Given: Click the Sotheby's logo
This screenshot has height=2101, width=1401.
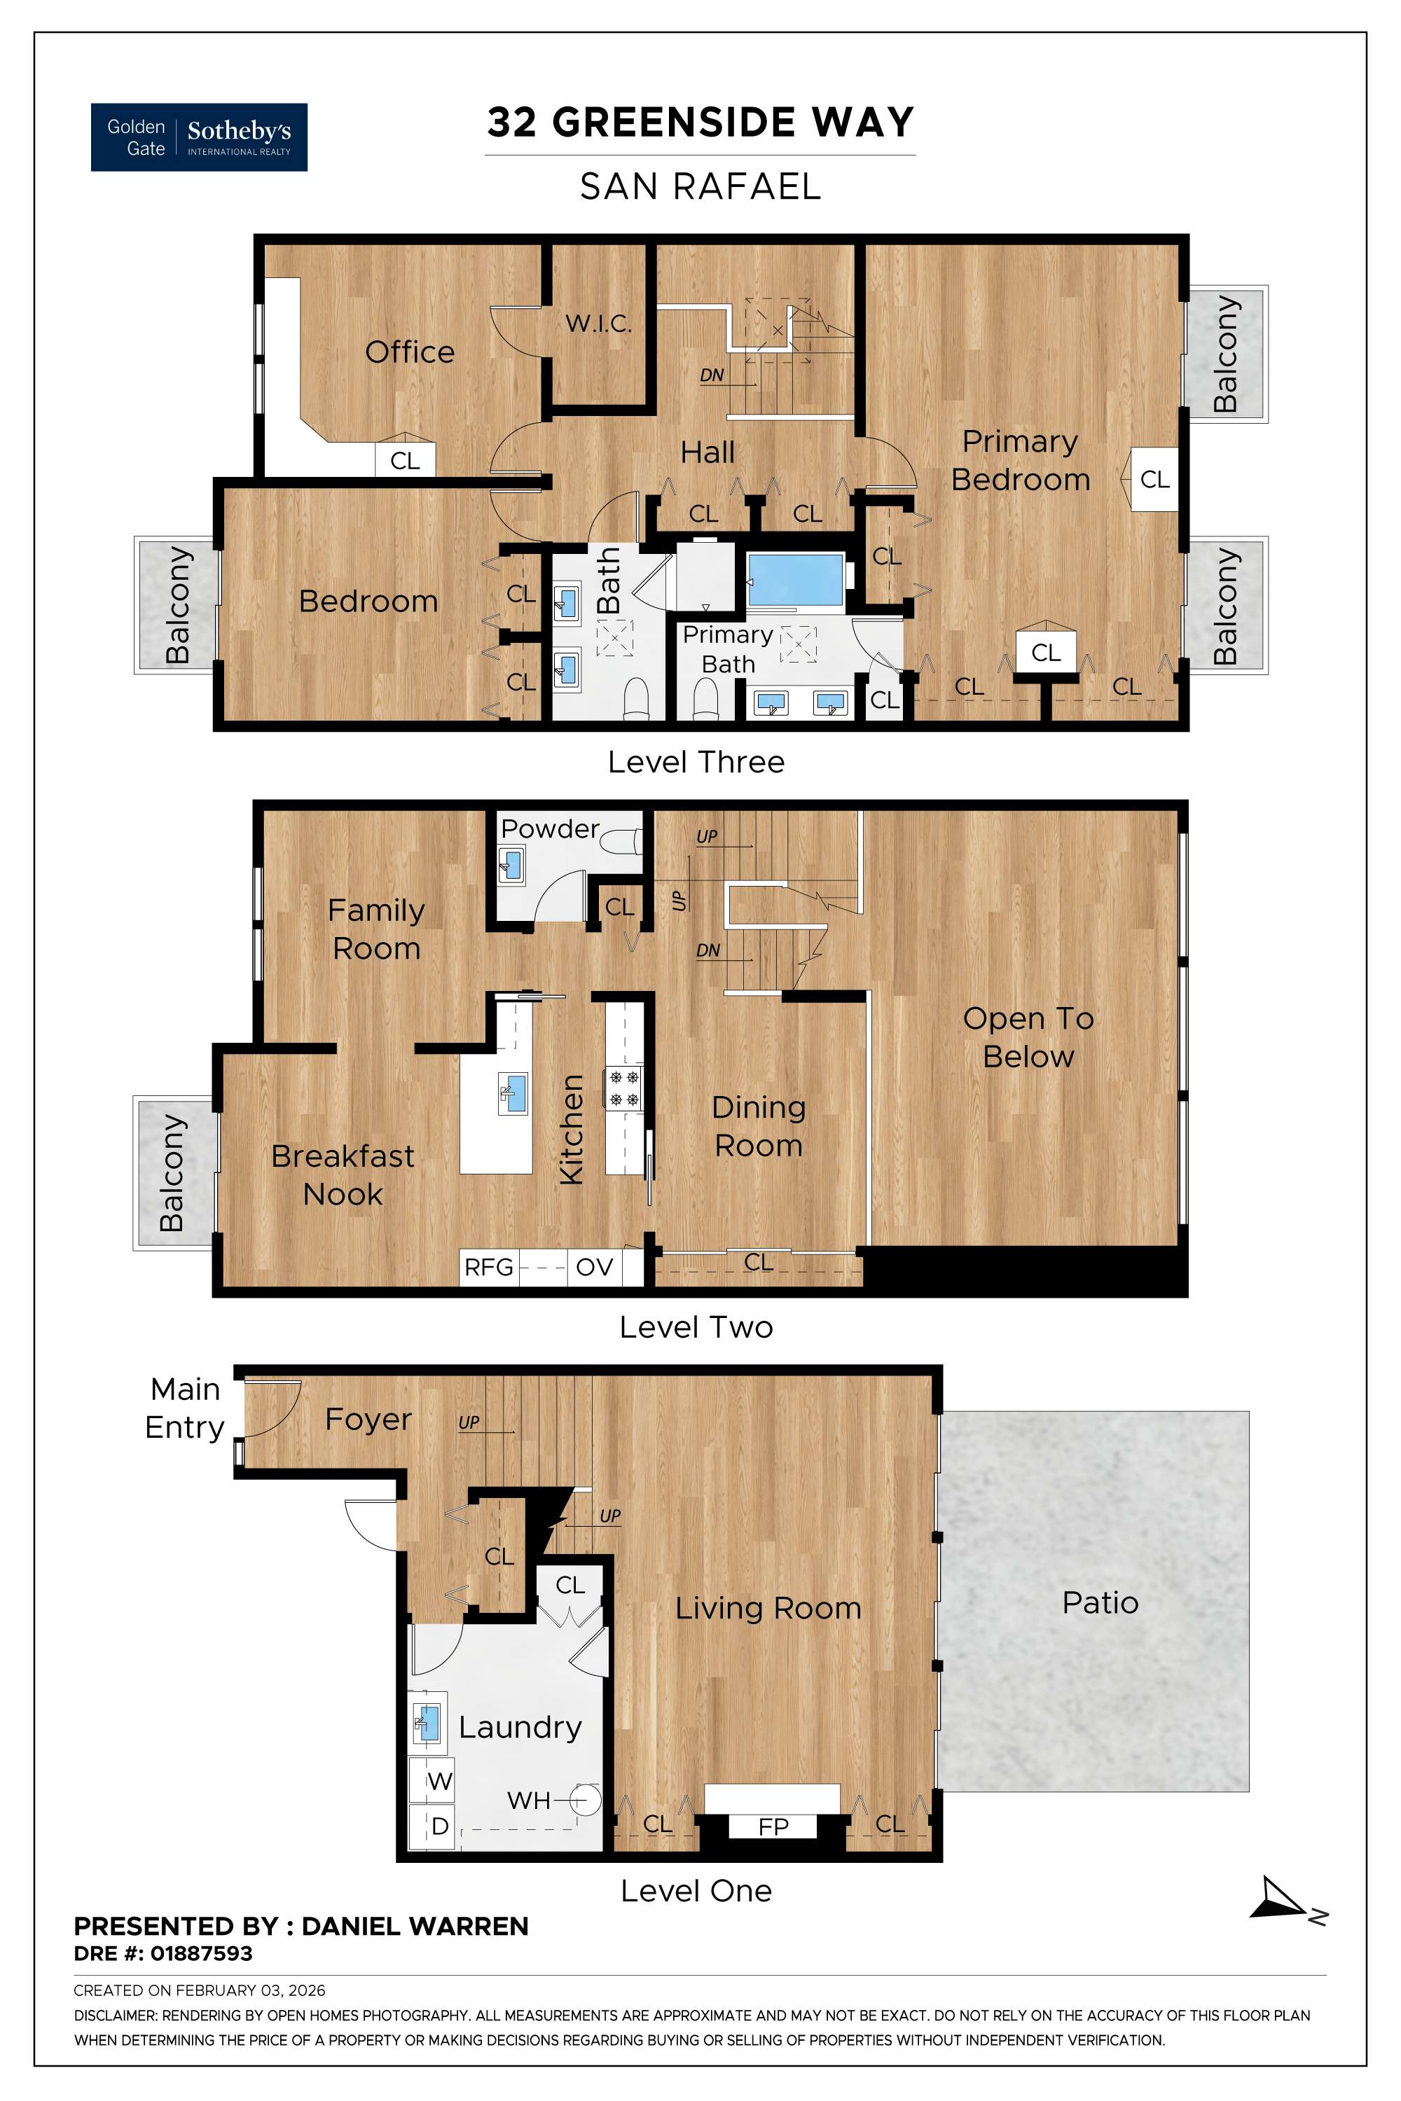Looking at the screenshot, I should (199, 137).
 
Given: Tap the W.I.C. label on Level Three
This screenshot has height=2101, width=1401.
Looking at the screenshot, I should (598, 324).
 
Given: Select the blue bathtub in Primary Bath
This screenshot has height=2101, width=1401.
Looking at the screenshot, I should (794, 581).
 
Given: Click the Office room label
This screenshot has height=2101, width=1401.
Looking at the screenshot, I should (409, 352).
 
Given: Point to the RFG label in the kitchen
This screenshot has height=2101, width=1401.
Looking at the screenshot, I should (489, 1267).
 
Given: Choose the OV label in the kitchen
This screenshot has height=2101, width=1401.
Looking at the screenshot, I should (594, 1267).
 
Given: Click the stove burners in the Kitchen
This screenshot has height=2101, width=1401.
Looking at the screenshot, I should (623, 1088).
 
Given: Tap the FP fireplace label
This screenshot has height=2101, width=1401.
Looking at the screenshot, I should (773, 1826).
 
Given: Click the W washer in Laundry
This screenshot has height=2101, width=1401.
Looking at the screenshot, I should (438, 1781).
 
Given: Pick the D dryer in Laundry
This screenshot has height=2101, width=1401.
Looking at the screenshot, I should (439, 1826).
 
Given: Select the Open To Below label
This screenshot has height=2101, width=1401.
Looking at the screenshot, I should (1028, 1037).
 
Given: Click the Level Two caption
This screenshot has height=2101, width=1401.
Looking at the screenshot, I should (696, 1326).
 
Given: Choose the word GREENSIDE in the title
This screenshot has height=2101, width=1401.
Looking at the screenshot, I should (674, 123).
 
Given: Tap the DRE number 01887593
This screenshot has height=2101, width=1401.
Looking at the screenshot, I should (201, 1954).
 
